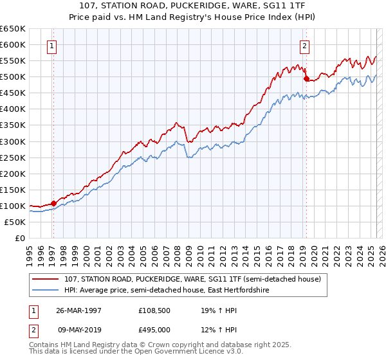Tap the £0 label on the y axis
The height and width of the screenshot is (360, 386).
point(20,238)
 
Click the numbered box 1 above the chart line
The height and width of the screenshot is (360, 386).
point(51,46)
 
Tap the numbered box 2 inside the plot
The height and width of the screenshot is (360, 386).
point(304,46)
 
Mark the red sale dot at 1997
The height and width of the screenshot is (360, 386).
point(54,203)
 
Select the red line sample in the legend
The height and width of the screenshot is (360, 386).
point(46,279)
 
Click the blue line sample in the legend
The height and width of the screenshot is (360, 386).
point(46,291)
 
